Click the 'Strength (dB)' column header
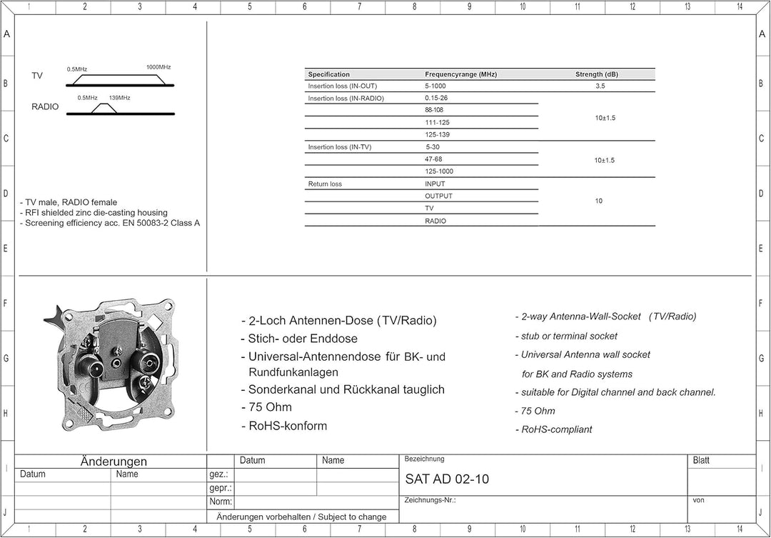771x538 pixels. click(x=596, y=74)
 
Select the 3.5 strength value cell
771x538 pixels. click(x=600, y=86)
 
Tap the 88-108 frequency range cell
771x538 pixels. click(x=434, y=110)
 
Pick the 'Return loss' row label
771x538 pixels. click(x=325, y=184)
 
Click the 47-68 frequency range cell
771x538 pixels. click(x=433, y=159)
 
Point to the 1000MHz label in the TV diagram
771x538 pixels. click(x=158, y=67)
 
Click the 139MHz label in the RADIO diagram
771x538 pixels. click(x=119, y=98)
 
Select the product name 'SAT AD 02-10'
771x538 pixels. click(x=447, y=479)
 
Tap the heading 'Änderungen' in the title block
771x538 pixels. click(x=114, y=462)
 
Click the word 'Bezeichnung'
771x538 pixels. click(x=424, y=459)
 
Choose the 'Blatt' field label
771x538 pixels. click(x=701, y=461)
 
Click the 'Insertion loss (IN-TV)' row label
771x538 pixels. click(x=340, y=147)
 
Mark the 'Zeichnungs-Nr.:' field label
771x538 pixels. click(x=430, y=500)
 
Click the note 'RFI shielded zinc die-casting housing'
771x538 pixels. click(x=96, y=212)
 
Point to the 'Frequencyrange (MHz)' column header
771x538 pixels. click(x=460, y=74)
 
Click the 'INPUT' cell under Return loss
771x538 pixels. click(x=435, y=184)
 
